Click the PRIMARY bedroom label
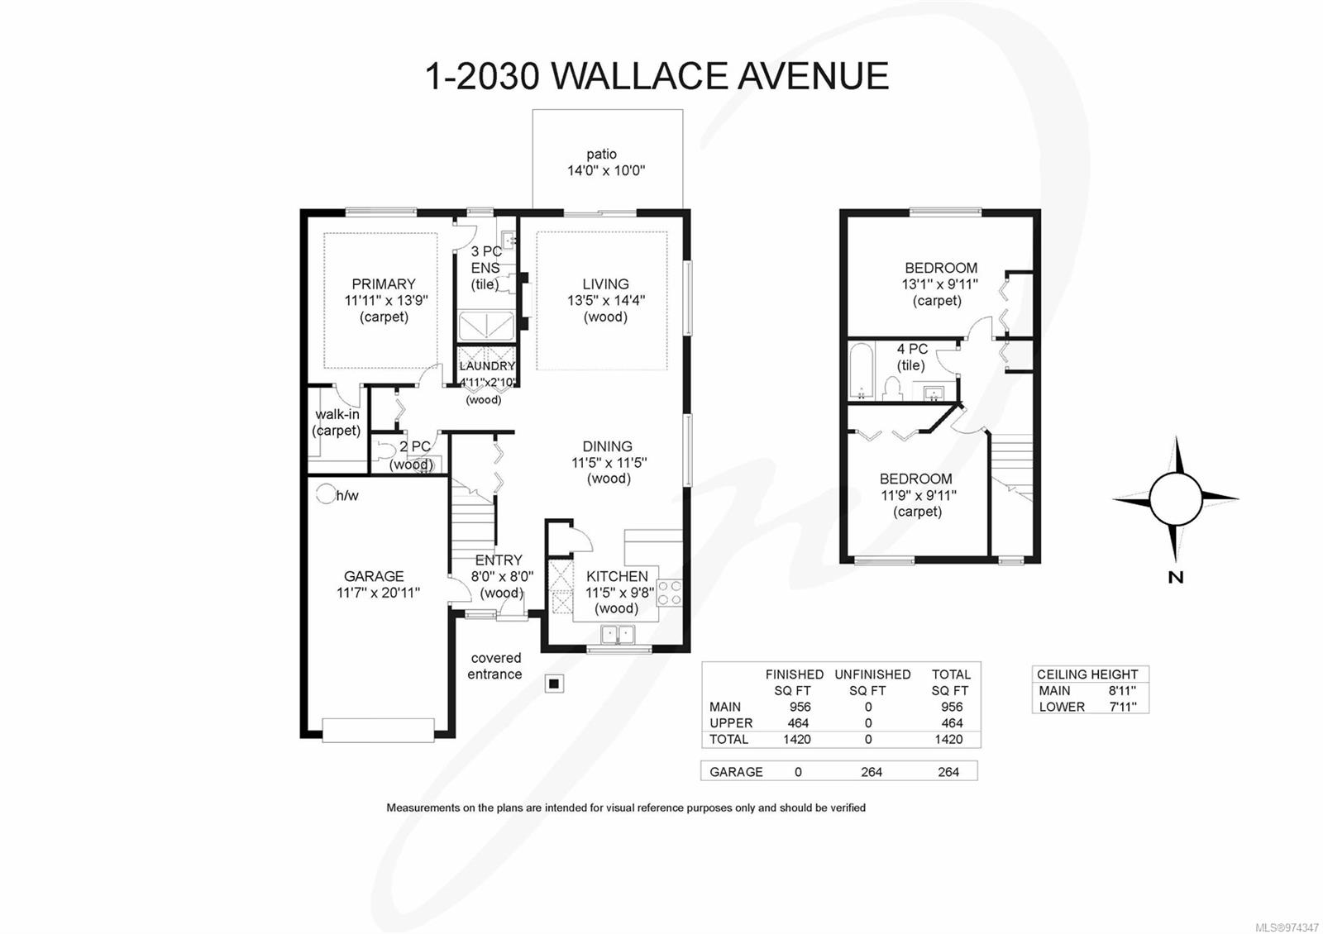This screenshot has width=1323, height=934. [383, 284]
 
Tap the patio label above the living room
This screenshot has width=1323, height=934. [602, 155]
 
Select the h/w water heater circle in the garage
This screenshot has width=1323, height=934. [325, 495]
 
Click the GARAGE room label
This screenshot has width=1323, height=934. [374, 576]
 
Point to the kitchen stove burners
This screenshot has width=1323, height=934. [670, 593]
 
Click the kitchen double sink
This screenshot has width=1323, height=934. [617, 635]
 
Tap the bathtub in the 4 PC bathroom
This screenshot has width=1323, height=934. [861, 371]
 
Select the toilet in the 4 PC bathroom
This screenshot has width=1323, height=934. [891, 388]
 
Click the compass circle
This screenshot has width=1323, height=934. [1175, 499]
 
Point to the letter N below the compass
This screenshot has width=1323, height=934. [1175, 578]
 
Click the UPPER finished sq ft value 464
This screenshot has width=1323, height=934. [798, 723]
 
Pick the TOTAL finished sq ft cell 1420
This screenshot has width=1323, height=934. [797, 740]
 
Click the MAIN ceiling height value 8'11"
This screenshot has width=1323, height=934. [1122, 691]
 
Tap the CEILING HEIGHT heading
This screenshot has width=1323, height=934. [1087, 674]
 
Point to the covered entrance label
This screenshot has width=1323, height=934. [495, 666]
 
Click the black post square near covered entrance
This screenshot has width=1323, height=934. [554, 684]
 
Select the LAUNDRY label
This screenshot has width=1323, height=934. [487, 365]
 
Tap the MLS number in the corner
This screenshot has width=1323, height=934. [1287, 927]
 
